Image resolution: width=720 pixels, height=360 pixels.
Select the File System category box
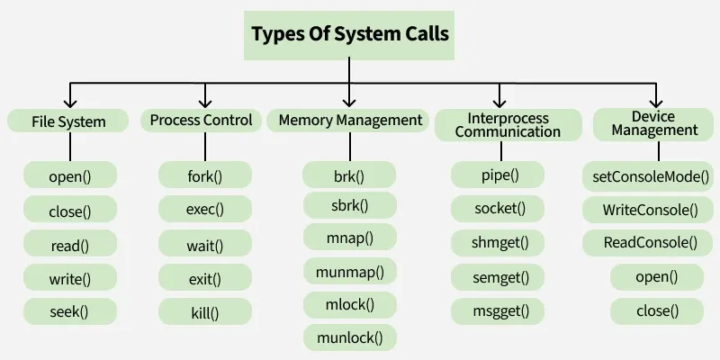pyautogui.click(x=68, y=121)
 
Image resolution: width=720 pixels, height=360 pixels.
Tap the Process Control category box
pyautogui.click(x=201, y=120)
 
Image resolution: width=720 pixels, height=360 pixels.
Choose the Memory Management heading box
pyautogui.click(x=350, y=120)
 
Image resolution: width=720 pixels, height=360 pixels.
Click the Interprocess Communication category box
pyautogui.click(x=508, y=125)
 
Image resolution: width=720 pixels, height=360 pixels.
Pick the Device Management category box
pyautogui.click(x=654, y=124)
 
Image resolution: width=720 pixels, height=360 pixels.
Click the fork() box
pyautogui.click(x=204, y=175)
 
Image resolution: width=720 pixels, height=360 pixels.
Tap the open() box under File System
pyautogui.click(x=70, y=175)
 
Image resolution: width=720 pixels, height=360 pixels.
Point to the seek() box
pyautogui.click(x=70, y=311)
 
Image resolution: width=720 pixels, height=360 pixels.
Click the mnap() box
pyautogui.click(x=349, y=238)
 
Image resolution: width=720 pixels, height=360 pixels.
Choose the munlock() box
pyautogui.click(x=349, y=338)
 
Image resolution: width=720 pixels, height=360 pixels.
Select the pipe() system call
pyautogui.click(x=498, y=175)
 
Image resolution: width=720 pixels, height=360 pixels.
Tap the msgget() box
pyautogui.click(x=498, y=312)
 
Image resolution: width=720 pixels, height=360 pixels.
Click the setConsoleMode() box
pyautogui.click(x=652, y=175)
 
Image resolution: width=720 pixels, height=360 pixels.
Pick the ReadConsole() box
pyautogui.click(x=652, y=242)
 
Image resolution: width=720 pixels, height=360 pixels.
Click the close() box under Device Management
pyautogui.click(x=657, y=311)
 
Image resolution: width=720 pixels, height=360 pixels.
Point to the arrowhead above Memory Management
pyautogui.click(x=349, y=102)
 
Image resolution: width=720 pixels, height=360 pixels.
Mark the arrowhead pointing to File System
pyautogui.click(x=70, y=102)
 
